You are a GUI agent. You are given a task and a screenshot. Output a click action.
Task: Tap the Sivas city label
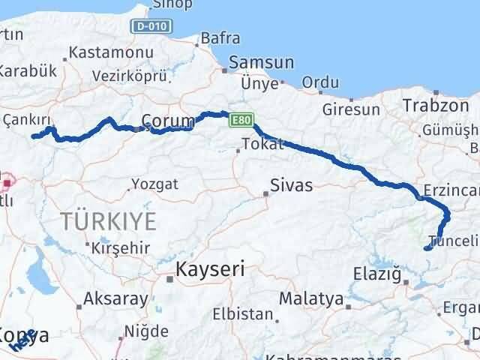(x=292, y=184)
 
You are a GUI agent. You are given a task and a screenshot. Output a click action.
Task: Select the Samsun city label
(x=262, y=63)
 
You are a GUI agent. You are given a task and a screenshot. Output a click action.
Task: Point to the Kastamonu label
(x=110, y=53)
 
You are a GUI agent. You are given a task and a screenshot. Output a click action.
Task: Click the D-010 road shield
(x=155, y=26)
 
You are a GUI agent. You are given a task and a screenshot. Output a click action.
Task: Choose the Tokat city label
(x=263, y=144)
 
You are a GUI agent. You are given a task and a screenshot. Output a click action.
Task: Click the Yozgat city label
(x=154, y=183)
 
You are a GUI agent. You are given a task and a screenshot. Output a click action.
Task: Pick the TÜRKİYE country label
(x=109, y=221)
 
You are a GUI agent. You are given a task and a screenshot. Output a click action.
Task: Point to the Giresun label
(x=351, y=109)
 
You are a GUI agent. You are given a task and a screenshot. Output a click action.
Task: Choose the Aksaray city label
(x=115, y=298)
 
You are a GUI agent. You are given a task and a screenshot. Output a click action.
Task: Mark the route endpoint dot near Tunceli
(x=427, y=248)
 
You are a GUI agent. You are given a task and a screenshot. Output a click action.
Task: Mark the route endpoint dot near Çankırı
(x=33, y=136)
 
